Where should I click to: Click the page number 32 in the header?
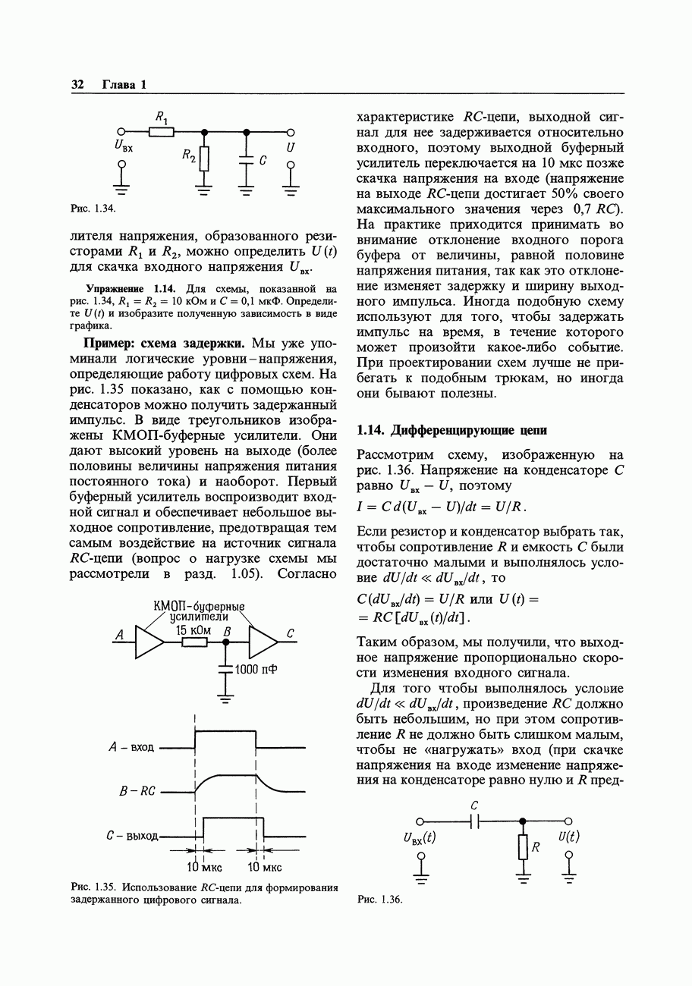[77, 84]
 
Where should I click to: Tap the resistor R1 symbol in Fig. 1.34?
[161, 132]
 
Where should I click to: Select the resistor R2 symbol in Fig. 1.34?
[203, 160]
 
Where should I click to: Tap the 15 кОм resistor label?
[193, 630]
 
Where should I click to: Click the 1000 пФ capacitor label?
[256, 669]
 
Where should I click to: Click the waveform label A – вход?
[131, 747]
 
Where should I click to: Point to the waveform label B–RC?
[137, 791]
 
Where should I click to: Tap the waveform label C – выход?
[132, 836]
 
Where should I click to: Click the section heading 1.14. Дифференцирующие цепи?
[451, 430]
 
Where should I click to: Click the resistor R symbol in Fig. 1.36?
[522, 846]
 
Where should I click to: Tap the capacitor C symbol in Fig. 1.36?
[475, 821]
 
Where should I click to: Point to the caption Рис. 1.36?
[379, 900]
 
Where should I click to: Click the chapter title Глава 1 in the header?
[124, 84]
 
